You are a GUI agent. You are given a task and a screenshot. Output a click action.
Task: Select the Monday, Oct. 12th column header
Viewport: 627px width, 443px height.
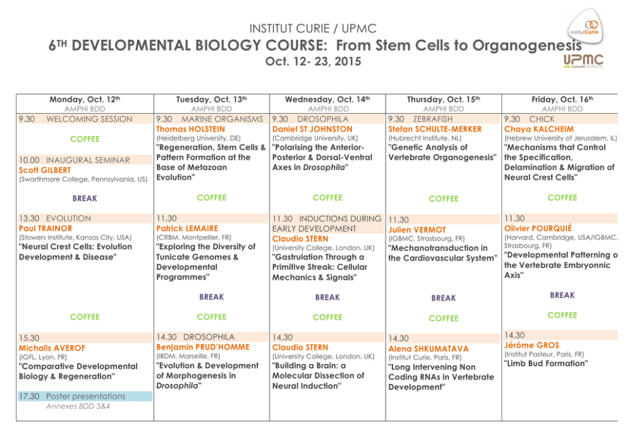tap(85, 99)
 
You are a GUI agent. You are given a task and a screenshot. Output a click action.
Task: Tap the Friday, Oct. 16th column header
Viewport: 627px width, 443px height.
tap(562, 99)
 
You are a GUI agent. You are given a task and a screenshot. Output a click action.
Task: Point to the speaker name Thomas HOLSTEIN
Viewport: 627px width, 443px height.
tap(190, 129)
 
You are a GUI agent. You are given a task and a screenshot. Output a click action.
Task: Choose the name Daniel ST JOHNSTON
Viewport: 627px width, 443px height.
tap(312, 129)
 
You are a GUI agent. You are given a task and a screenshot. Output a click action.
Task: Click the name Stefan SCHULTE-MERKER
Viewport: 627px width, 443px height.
tap(435, 129)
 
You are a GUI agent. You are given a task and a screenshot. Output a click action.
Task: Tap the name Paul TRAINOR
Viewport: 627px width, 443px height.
tap(46, 228)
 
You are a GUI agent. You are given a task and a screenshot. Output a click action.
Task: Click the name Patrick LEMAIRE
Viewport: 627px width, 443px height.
tap(187, 228)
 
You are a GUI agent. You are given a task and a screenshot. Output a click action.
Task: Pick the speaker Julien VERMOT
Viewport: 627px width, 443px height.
tap(417, 230)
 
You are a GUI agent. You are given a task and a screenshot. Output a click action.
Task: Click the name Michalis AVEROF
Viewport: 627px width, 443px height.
tap(52, 348)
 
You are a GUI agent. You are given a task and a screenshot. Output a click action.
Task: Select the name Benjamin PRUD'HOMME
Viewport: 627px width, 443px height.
tap(203, 347)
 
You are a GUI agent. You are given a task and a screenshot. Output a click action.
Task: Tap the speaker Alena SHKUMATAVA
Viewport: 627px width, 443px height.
tap(429, 349)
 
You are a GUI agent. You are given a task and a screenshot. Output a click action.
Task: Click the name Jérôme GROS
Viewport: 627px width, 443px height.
tap(533, 345)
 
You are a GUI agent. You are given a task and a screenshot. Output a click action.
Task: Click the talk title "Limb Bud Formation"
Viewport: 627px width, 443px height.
tap(546, 363)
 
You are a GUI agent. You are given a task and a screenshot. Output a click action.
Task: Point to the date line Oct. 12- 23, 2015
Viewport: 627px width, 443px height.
tap(313, 62)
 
